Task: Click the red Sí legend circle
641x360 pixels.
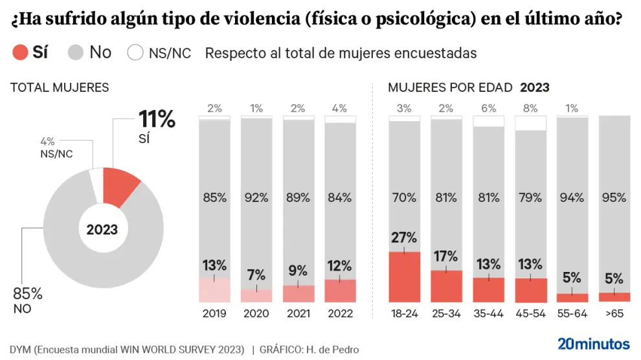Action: [x=21, y=52]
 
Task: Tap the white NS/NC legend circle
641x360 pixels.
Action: [x=135, y=52]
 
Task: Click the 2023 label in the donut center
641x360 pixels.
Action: [x=102, y=229]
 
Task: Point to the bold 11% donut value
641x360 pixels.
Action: [x=157, y=119]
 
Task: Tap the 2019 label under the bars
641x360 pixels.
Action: [x=214, y=314]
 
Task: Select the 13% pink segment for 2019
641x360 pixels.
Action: [x=214, y=290]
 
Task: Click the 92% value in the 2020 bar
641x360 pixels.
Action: [x=256, y=197]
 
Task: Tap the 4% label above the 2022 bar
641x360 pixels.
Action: [x=340, y=109]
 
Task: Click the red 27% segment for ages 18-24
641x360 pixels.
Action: [x=403, y=277]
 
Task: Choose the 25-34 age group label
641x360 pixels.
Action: [x=445, y=314]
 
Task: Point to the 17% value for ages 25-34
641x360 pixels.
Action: [x=446, y=257]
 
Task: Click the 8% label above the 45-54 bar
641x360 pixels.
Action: [x=530, y=109]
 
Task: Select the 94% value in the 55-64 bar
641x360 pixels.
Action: [x=572, y=197]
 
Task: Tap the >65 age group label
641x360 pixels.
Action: [x=615, y=314]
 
